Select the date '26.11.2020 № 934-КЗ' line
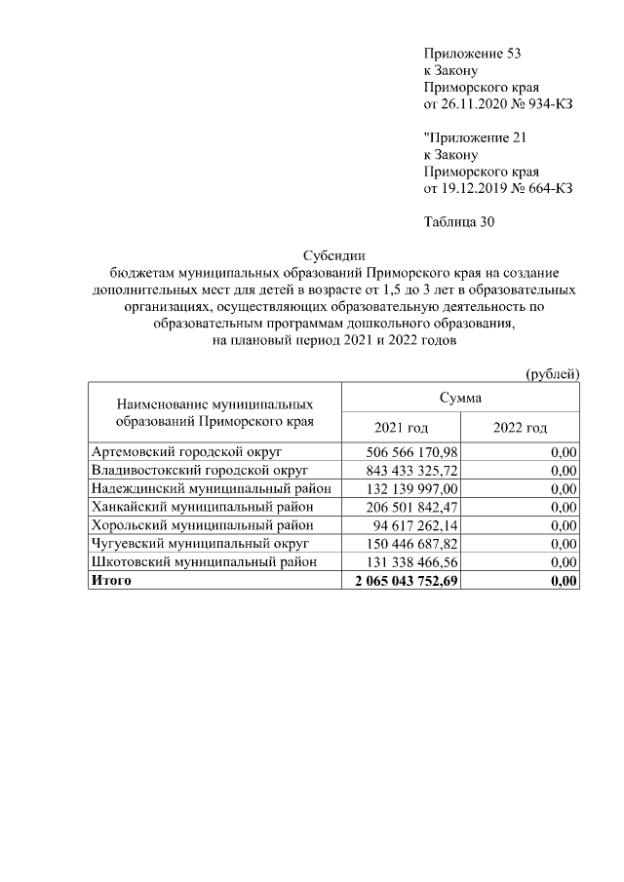[x=497, y=104]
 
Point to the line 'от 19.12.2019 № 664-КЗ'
[x=497, y=189]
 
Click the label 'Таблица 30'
[x=459, y=222]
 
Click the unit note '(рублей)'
[x=552, y=374]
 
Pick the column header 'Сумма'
[x=459, y=398]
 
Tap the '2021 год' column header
[x=401, y=428]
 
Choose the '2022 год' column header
[x=520, y=428]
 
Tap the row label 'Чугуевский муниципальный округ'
[x=199, y=544]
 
